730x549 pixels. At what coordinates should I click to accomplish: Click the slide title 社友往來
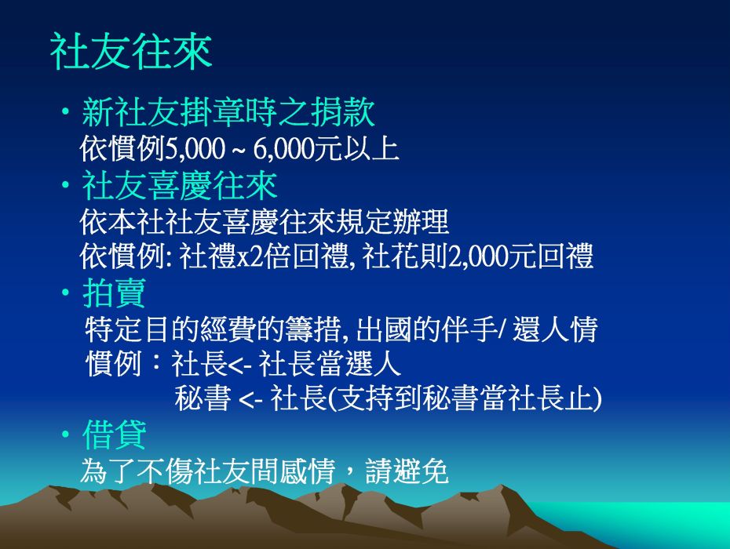[131, 51]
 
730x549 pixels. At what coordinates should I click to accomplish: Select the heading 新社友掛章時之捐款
[228, 112]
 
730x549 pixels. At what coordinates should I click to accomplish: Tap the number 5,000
[195, 149]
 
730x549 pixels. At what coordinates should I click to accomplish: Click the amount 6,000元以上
[326, 149]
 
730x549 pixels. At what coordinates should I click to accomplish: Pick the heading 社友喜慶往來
[180, 185]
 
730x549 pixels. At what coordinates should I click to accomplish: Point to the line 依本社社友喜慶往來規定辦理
[265, 221]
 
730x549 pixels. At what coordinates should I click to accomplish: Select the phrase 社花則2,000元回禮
[477, 256]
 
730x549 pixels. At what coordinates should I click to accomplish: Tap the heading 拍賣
[114, 293]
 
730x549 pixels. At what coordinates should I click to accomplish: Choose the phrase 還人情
[555, 329]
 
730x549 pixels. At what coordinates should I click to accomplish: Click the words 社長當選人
[329, 363]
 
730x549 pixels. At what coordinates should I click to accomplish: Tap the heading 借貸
[114, 434]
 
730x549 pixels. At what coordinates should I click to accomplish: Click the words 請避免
[407, 471]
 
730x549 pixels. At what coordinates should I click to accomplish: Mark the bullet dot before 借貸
[66, 434]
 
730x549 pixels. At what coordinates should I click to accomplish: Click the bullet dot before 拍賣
[66, 293]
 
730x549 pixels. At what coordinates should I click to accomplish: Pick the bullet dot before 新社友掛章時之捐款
[66, 111]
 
